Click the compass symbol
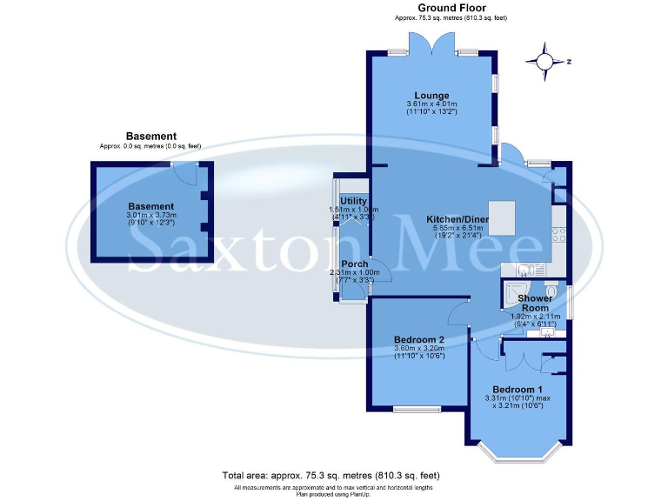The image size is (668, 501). [545, 62]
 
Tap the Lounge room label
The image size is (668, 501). [431, 96]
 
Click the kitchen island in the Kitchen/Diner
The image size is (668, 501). [502, 217]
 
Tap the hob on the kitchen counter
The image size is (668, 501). [561, 234]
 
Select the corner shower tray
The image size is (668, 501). [513, 292]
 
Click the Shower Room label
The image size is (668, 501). [535, 304]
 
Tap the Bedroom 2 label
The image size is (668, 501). [419, 339]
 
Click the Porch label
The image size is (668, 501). [355, 264]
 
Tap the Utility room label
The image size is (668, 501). [354, 201]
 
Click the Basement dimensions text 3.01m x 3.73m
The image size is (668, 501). [151, 215]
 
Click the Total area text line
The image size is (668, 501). [331, 476]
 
